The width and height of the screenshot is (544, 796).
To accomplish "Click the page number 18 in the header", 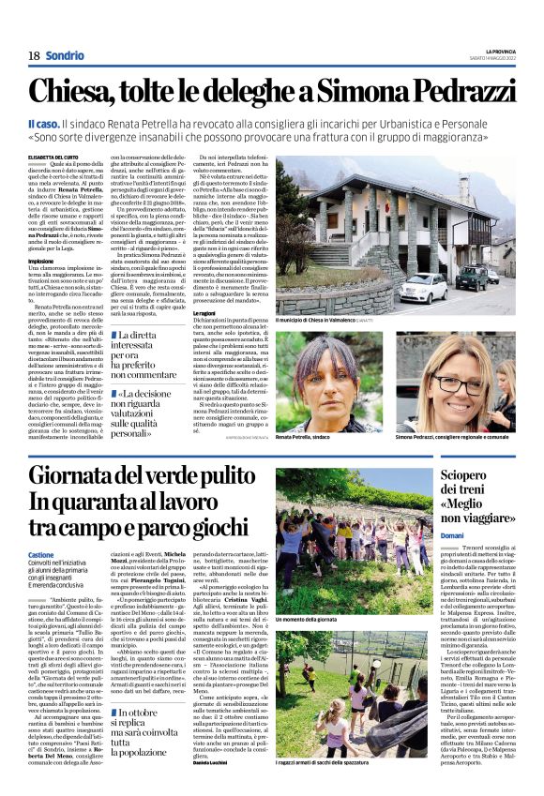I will pyautogui.click(x=33, y=55).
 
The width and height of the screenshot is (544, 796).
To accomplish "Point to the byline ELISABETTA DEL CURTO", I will pyautogui.click(x=57, y=158).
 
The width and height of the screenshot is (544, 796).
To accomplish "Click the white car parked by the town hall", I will pyautogui.click(x=423, y=288).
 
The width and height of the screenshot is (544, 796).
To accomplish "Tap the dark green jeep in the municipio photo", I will pyautogui.click(x=472, y=278).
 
